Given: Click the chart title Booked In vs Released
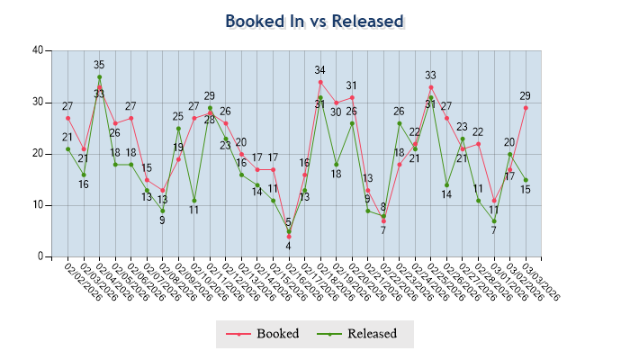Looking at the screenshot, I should click(x=314, y=21).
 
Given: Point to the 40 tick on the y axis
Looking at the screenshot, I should click(x=37, y=50).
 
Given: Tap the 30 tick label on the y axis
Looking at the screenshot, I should click(x=37, y=102).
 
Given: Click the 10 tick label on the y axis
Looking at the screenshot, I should click(x=37, y=205).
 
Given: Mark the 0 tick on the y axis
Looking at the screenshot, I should click(x=40, y=256).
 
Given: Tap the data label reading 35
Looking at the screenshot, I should click(x=99, y=65).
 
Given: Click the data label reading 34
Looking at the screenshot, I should click(x=319, y=70).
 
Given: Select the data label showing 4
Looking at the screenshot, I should click(x=289, y=247).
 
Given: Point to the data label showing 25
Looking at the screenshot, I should click(x=178, y=117).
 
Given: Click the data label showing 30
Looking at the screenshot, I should click(x=335, y=112).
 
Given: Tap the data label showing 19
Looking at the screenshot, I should click(x=178, y=148).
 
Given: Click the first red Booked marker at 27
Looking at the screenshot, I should click(x=67, y=118).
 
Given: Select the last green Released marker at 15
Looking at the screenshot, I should click(x=526, y=180).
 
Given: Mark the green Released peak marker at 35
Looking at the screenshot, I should click(x=99, y=77).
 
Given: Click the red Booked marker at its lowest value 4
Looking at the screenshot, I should click(x=289, y=237).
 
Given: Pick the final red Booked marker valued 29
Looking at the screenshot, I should click(x=526, y=108).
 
